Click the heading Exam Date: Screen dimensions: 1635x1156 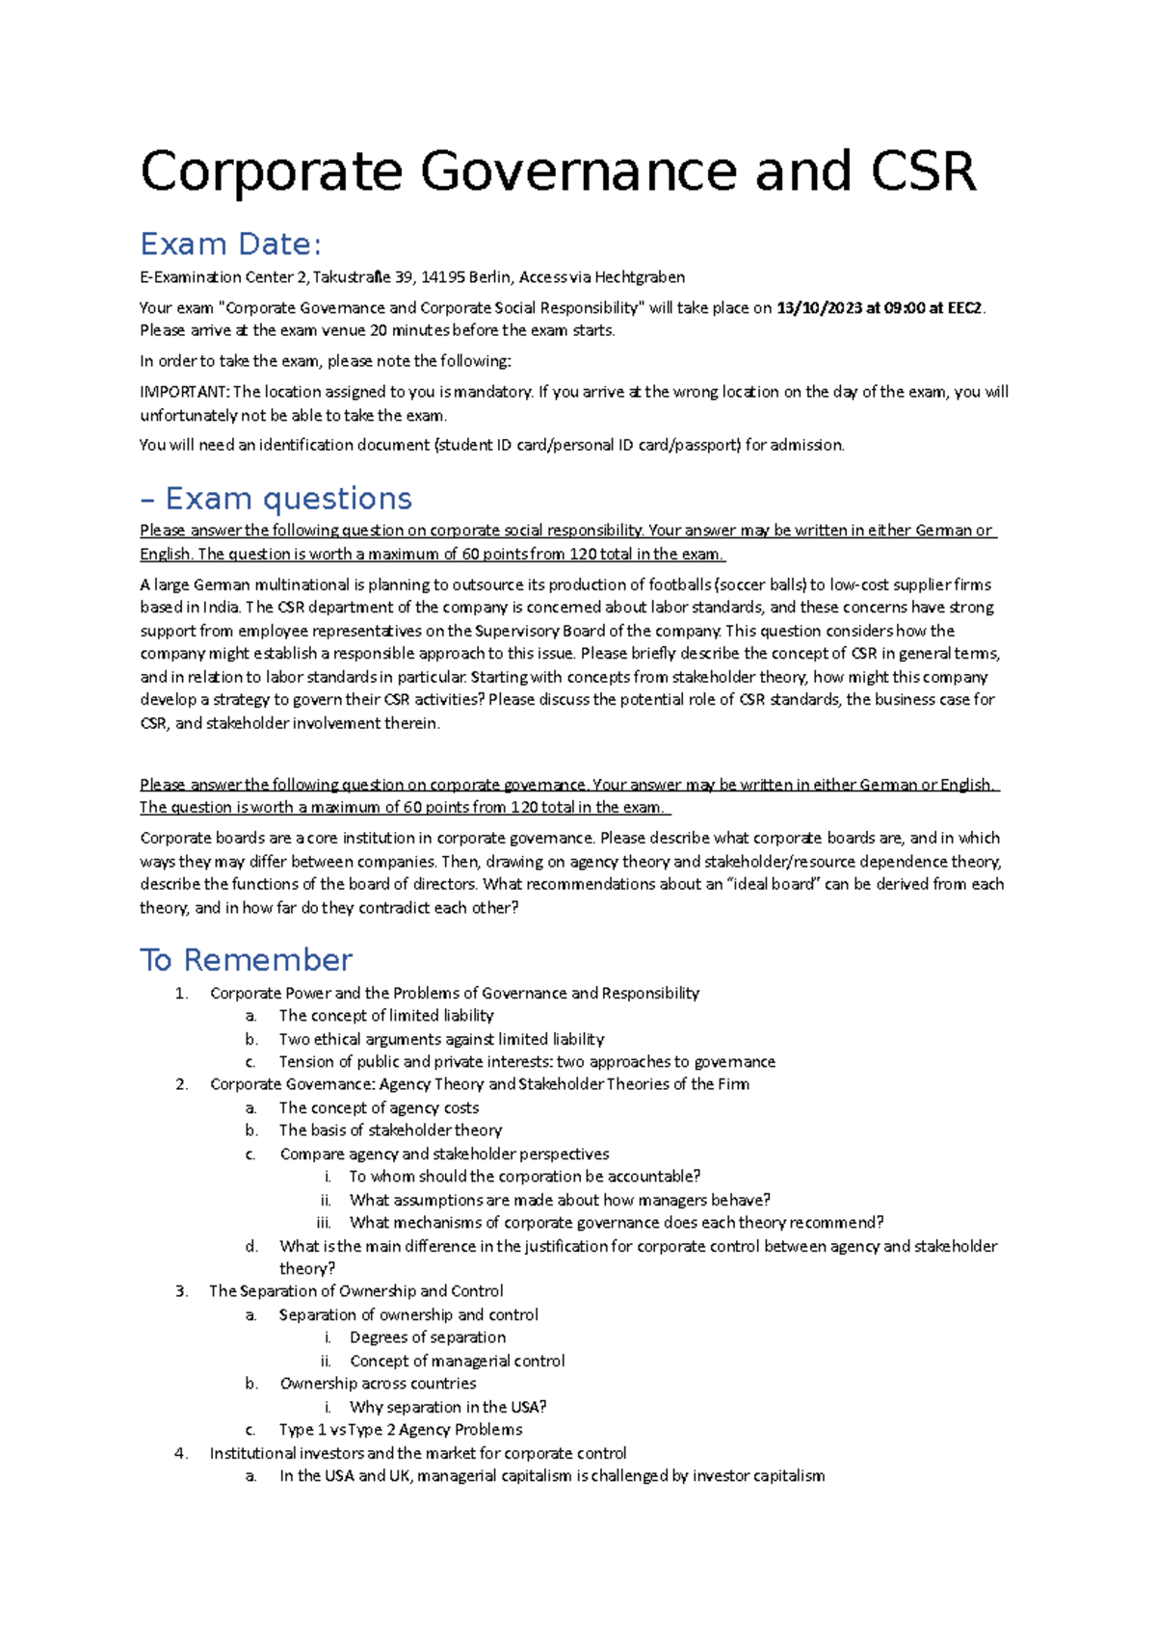click(230, 245)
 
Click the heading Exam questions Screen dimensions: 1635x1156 click(288, 499)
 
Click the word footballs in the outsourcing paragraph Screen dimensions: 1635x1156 click(680, 584)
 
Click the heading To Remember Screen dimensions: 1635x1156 click(247, 960)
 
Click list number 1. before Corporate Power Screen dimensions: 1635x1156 click(181, 993)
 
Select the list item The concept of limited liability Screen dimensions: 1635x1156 click(386, 1016)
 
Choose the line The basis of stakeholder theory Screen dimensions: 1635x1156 click(390, 1130)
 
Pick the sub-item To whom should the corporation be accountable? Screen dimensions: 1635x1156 click(525, 1177)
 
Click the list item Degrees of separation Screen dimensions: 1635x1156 click(428, 1337)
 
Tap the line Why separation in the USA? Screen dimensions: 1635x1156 click(448, 1407)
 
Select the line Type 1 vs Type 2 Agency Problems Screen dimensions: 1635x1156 click(401, 1430)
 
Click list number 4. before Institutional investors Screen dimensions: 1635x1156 click(181, 1453)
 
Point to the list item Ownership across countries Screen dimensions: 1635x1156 click(378, 1384)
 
